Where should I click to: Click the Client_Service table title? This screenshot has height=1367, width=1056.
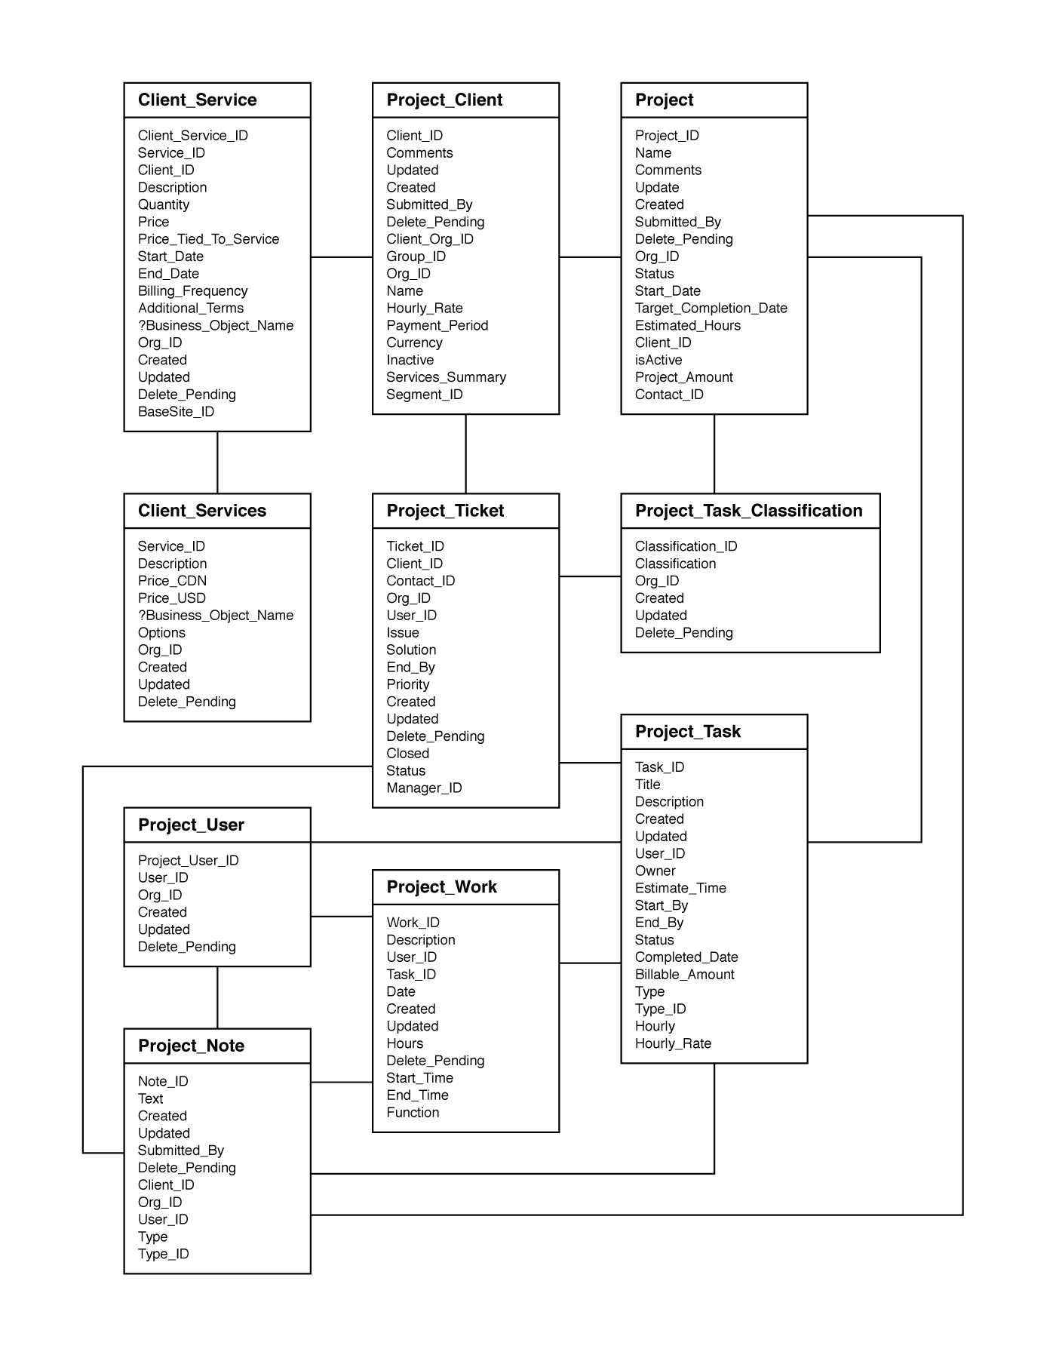click(197, 100)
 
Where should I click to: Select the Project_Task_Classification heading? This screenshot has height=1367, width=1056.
click(748, 511)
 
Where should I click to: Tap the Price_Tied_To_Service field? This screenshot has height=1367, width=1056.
click(208, 239)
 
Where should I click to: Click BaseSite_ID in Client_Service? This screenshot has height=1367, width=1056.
click(176, 412)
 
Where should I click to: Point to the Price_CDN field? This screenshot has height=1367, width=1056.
click(172, 581)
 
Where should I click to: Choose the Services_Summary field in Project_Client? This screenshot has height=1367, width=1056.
click(446, 377)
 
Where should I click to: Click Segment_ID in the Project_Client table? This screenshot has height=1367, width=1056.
click(424, 395)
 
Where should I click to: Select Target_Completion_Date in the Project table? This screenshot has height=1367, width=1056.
click(711, 309)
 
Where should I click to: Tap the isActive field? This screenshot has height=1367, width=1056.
click(658, 360)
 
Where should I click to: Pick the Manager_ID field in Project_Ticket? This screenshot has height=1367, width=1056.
click(424, 788)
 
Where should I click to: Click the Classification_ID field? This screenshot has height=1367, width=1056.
click(686, 546)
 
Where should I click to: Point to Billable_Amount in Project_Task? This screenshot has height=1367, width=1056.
click(684, 975)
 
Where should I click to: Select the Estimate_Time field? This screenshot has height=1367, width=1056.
click(680, 889)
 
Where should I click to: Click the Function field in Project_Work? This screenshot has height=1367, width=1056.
click(413, 1113)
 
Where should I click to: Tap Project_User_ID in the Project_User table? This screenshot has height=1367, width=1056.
click(188, 861)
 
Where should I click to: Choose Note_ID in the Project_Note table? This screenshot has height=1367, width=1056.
click(163, 1082)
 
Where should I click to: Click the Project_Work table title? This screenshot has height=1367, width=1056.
click(441, 887)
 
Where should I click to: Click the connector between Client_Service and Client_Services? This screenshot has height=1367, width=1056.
click(217, 462)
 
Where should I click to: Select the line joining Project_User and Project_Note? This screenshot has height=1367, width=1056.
click(217, 997)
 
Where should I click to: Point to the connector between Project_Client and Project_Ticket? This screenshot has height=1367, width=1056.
click(465, 454)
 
